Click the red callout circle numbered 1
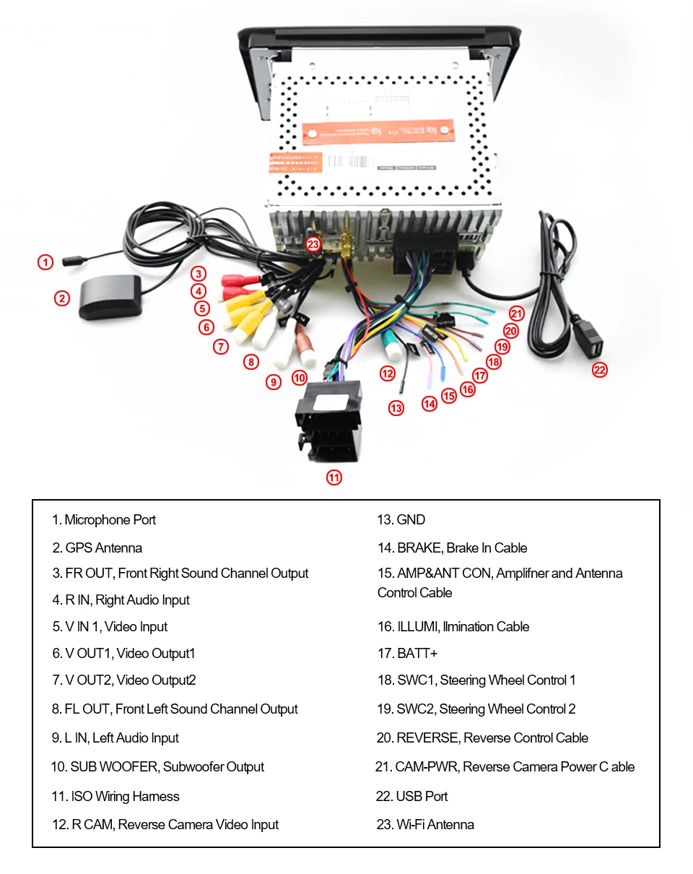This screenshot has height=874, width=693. (45, 262)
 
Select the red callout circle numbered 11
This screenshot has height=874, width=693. (334, 477)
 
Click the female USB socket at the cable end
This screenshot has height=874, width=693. (592, 347)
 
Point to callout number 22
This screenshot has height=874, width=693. (599, 370)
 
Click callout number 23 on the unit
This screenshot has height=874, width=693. (313, 244)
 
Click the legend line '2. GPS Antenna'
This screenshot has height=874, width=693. (97, 548)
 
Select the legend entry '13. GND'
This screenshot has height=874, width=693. (401, 519)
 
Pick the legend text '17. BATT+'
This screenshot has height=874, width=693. (407, 653)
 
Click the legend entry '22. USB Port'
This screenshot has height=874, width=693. (412, 796)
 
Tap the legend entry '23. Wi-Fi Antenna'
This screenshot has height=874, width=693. (425, 824)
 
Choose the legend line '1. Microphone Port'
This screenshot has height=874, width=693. (103, 519)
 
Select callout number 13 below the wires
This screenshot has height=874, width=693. (396, 408)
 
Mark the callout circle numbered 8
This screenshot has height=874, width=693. (250, 362)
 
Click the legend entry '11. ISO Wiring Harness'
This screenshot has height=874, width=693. (115, 796)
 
